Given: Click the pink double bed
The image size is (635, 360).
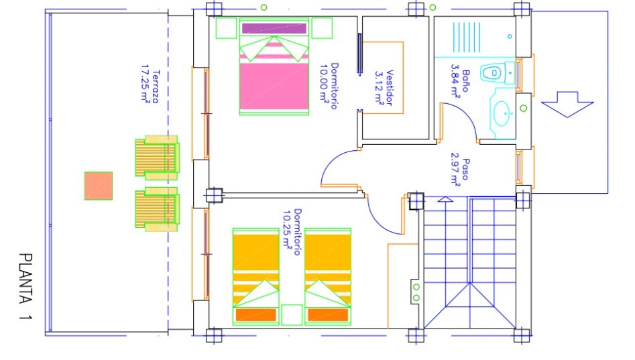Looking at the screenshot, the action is (x=274, y=66).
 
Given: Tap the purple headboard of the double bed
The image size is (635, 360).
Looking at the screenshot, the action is (x=274, y=28).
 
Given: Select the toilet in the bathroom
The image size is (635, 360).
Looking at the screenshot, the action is (x=498, y=73).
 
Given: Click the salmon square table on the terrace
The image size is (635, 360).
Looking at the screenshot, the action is (x=99, y=186).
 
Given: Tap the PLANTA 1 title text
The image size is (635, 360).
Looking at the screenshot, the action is (x=25, y=287).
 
